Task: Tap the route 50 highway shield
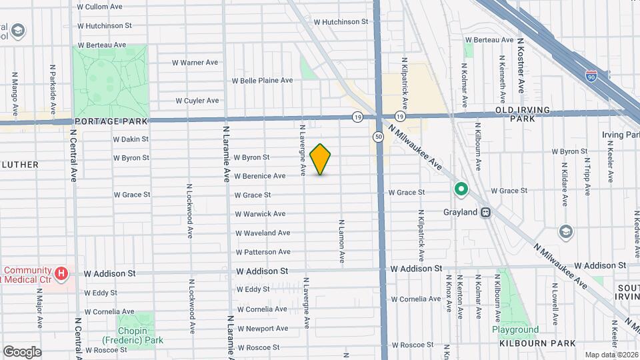pos(378,137)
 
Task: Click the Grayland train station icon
pos(486,213)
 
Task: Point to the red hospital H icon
pos(61,273)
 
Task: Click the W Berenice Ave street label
pos(260,177)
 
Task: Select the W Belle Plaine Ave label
pos(262,81)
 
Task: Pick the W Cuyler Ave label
pos(197,101)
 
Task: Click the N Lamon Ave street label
pos(341,243)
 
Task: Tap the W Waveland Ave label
pos(262,233)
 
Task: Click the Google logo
pos(22,352)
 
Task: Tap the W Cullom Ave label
pos(99,7)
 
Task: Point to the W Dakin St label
pos(131,139)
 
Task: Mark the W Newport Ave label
pos(262,329)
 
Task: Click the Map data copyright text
pos(611,355)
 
